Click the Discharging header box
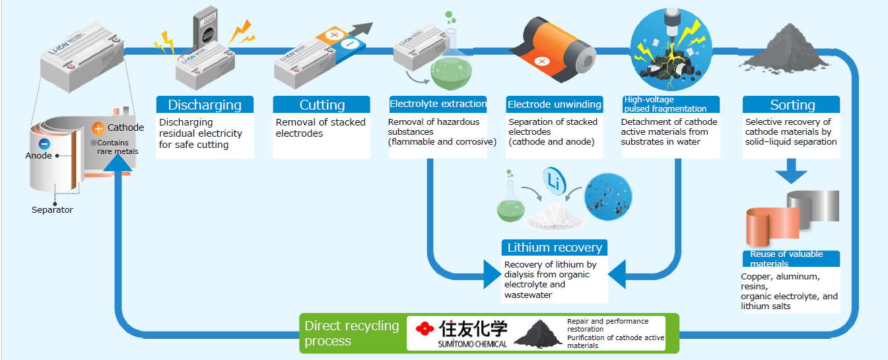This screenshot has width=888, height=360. tap(205, 104)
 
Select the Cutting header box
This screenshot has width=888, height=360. tap(322, 104)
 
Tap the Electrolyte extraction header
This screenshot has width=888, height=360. tap(438, 104)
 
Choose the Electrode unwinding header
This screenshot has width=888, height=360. tap(555, 104)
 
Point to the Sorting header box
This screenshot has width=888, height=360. tap(792, 104)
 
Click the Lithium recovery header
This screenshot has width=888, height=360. tap(554, 248)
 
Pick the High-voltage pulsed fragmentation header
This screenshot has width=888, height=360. tap(670, 104)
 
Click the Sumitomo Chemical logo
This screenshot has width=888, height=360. tap(463, 332)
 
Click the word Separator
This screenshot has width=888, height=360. tap(52, 210)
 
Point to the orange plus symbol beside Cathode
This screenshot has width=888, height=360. tap(98, 128)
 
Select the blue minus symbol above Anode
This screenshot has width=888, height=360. tap(44, 143)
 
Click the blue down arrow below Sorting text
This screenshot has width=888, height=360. tap(791, 173)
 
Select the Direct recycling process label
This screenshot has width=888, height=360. tap(352, 333)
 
